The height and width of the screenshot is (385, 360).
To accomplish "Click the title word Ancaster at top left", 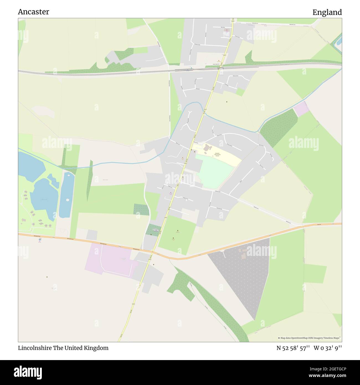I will (34, 12).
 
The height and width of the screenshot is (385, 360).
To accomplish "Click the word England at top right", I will (327, 12).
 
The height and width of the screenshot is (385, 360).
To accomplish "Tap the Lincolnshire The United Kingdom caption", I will (63, 348).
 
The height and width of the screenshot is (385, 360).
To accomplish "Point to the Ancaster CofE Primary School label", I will (217, 154).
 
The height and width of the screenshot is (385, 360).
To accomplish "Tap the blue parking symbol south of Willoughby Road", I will (40, 240).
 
